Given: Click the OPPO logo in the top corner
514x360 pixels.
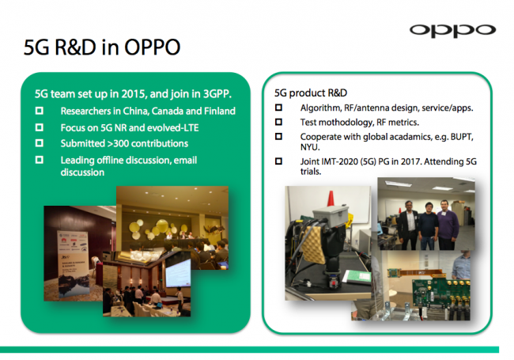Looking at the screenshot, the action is click(x=452, y=31).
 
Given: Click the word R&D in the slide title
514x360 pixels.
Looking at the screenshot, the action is click(x=75, y=47).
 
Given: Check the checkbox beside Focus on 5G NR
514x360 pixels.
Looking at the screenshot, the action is click(x=40, y=127).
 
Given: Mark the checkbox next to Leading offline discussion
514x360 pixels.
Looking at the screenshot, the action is click(x=40, y=160).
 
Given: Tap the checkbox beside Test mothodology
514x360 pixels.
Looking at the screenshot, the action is click(x=278, y=122).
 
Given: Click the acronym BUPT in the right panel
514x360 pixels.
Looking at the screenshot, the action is click(x=462, y=137).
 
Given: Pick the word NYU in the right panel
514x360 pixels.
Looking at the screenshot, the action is click(x=310, y=147).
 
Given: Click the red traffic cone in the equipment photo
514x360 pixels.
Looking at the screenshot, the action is click(x=331, y=199).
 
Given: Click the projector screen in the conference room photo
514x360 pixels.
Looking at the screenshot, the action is click(x=178, y=272).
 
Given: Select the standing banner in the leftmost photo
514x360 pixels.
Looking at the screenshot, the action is click(x=73, y=263).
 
